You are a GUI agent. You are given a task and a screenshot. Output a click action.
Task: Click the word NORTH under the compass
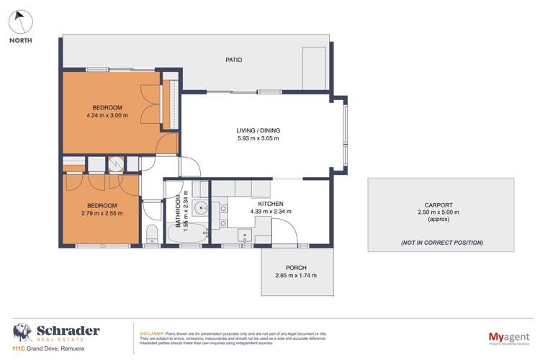coord(21,40)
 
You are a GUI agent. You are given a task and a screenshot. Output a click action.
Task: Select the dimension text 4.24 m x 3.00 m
coord(107,115)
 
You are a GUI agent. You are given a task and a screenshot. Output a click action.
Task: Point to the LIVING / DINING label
coord(258,130)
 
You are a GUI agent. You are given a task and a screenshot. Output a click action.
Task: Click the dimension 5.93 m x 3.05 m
coord(258,138)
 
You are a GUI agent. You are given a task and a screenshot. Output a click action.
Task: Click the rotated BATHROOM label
coord(176,210)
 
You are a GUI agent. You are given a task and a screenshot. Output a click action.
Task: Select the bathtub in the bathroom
coord(189,234)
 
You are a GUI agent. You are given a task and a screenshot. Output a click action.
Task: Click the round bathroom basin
coord(199,210)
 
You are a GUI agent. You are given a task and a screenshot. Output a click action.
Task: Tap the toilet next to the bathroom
coord(152,235)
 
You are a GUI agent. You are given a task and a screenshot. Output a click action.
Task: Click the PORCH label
coord(296,268)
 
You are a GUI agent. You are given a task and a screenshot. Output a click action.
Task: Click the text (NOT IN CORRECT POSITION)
coord(441,243)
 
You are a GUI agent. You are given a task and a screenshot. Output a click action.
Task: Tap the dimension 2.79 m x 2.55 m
coord(99,214)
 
